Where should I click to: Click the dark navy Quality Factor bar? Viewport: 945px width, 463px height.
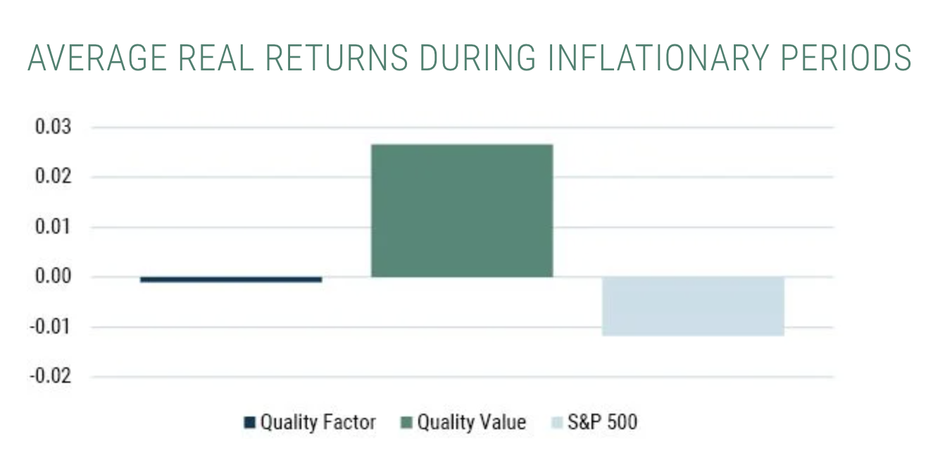pos(231,279)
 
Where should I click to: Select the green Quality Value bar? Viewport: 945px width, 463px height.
pos(462,210)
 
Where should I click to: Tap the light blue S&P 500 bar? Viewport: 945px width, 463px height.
pos(693,306)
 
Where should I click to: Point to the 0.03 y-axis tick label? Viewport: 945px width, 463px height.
pos(53,128)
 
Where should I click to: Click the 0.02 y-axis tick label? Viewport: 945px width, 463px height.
pos(53,177)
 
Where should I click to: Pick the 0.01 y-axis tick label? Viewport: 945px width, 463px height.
pos(53,227)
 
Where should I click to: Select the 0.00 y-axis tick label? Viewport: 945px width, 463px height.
pos(53,277)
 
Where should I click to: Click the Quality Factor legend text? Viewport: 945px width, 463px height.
pos(318,422)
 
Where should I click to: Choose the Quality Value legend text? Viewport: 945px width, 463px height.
pos(471,422)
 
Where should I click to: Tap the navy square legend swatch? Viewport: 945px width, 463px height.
pos(249,423)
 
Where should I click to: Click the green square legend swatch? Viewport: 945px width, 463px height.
pos(406,423)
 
